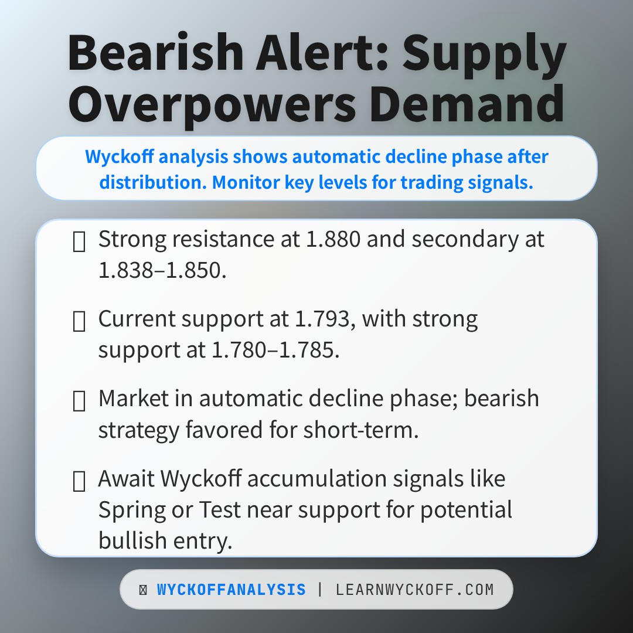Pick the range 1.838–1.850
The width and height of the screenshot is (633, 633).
[x=162, y=270]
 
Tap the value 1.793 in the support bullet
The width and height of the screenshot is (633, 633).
[x=322, y=319]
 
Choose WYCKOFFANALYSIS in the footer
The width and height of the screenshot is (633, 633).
[x=232, y=590]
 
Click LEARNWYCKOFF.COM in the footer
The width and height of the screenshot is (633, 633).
[x=415, y=590]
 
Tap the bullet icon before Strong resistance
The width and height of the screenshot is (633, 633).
[x=79, y=241]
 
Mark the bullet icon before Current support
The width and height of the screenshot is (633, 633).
[x=79, y=321]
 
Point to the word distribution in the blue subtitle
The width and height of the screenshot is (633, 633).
[x=152, y=182]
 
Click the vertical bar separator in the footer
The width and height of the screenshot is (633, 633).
[x=320, y=590]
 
